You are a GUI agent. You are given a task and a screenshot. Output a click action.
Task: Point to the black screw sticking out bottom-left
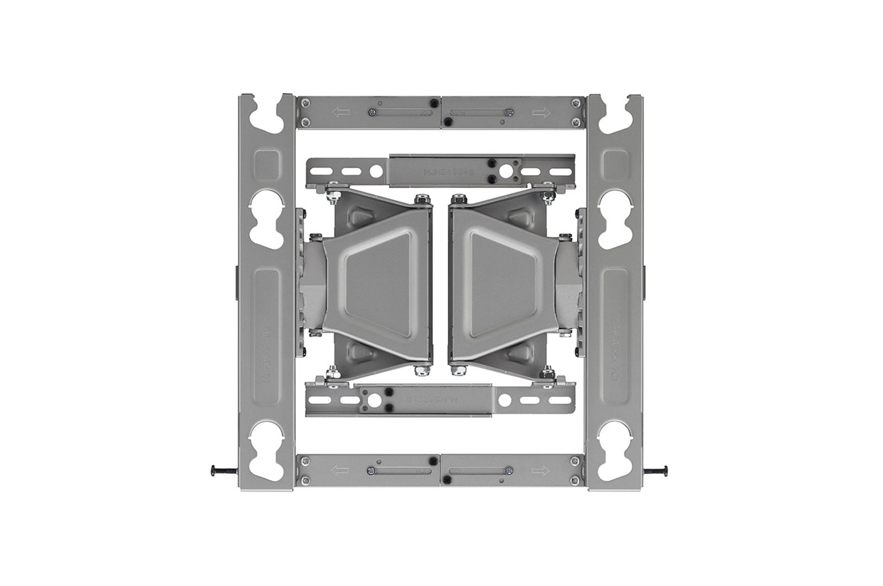point(221,471)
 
